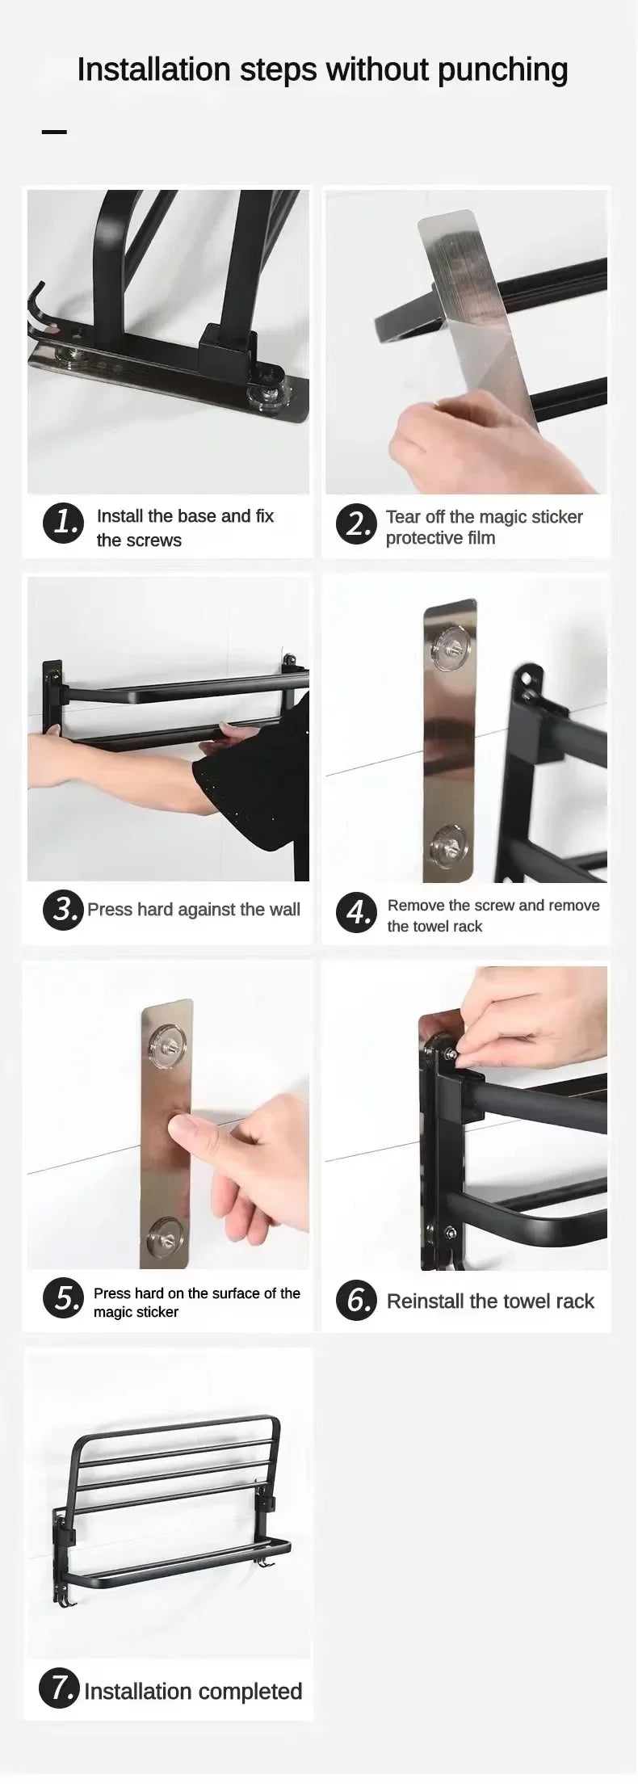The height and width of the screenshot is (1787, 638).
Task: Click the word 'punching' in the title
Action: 502,71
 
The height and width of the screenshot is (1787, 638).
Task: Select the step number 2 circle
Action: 356,524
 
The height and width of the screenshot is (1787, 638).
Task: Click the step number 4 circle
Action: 356,913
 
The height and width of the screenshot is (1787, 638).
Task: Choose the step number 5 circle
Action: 63,1297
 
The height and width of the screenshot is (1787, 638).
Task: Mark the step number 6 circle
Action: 356,1301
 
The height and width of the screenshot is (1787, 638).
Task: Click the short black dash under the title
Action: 54,131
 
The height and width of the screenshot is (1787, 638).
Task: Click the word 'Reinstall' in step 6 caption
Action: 425,1301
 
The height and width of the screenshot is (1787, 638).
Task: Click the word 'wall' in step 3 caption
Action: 284,910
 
